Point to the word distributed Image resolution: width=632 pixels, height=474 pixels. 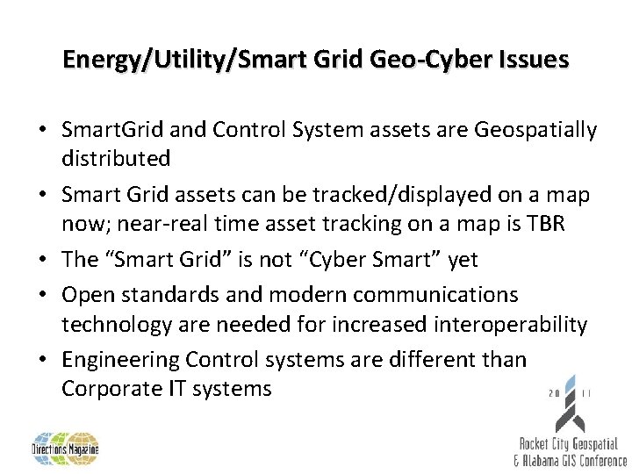click(x=117, y=159)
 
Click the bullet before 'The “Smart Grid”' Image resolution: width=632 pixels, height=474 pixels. click(x=43, y=260)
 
